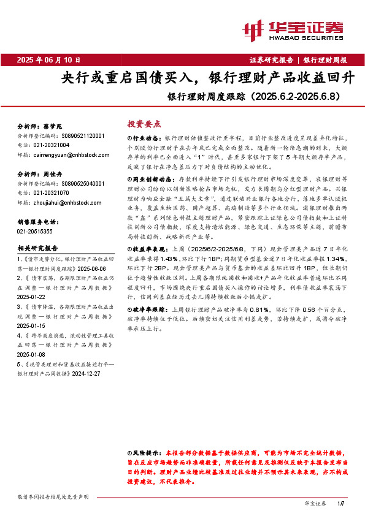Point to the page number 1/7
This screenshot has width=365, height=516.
coord(341,504)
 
